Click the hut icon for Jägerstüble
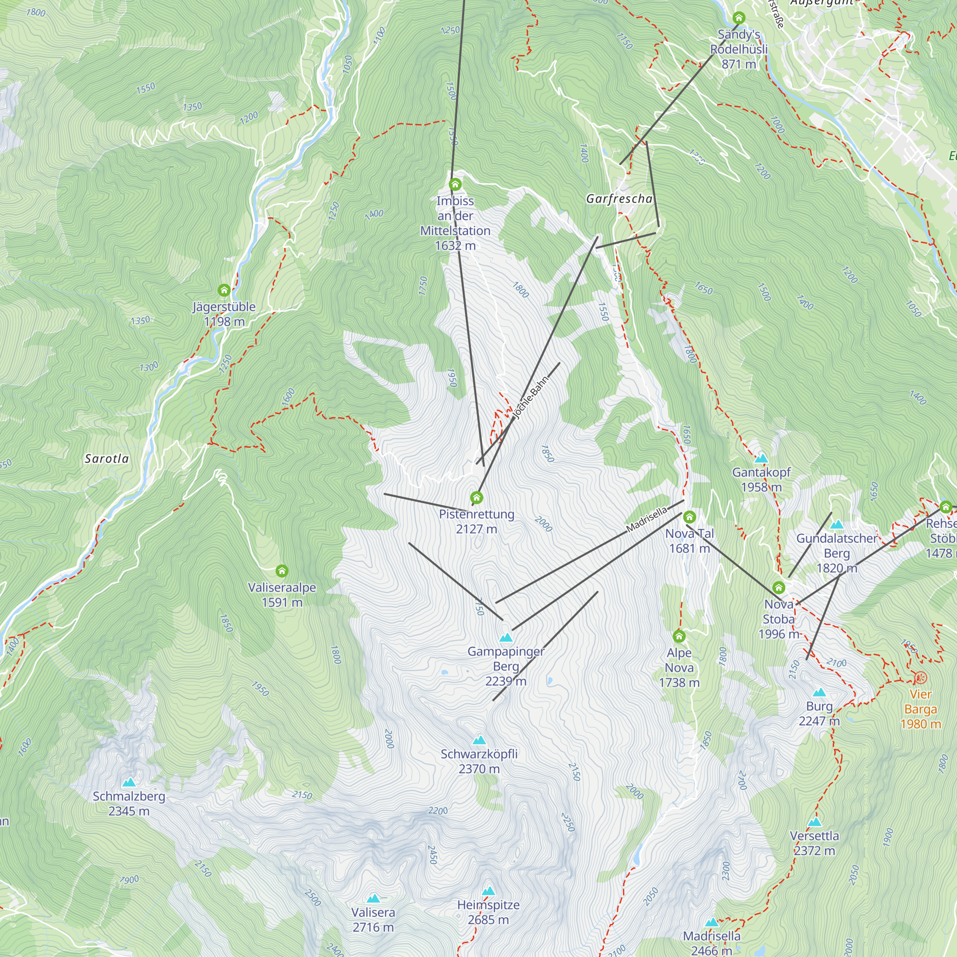point(224,290)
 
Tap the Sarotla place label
point(107,459)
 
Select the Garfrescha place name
point(619,199)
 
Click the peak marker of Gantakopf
point(761,458)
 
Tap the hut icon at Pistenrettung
point(477,497)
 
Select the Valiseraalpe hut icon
point(282,571)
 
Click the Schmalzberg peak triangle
point(129,783)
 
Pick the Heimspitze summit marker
point(489,891)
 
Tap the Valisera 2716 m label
point(373,919)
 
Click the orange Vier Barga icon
point(920,677)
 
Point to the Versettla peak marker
point(814,822)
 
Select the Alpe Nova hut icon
point(679,636)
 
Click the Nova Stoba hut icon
point(779,588)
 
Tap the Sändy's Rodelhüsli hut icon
point(738,18)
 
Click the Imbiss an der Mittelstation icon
point(455,185)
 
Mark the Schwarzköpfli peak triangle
point(479,740)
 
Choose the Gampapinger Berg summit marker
point(506,637)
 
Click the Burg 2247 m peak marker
point(819,692)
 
